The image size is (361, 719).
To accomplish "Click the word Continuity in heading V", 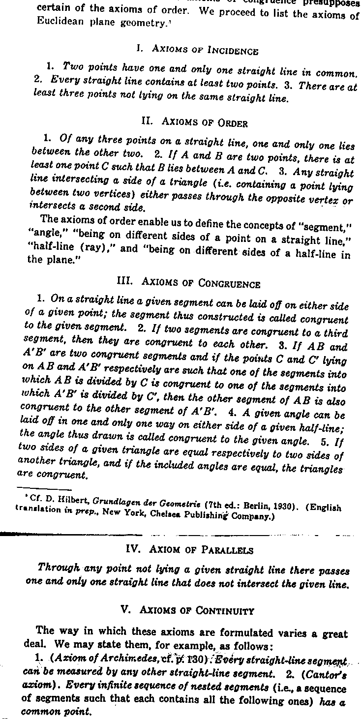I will pos(225,611).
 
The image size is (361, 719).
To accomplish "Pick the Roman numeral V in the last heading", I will pos(123,610).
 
